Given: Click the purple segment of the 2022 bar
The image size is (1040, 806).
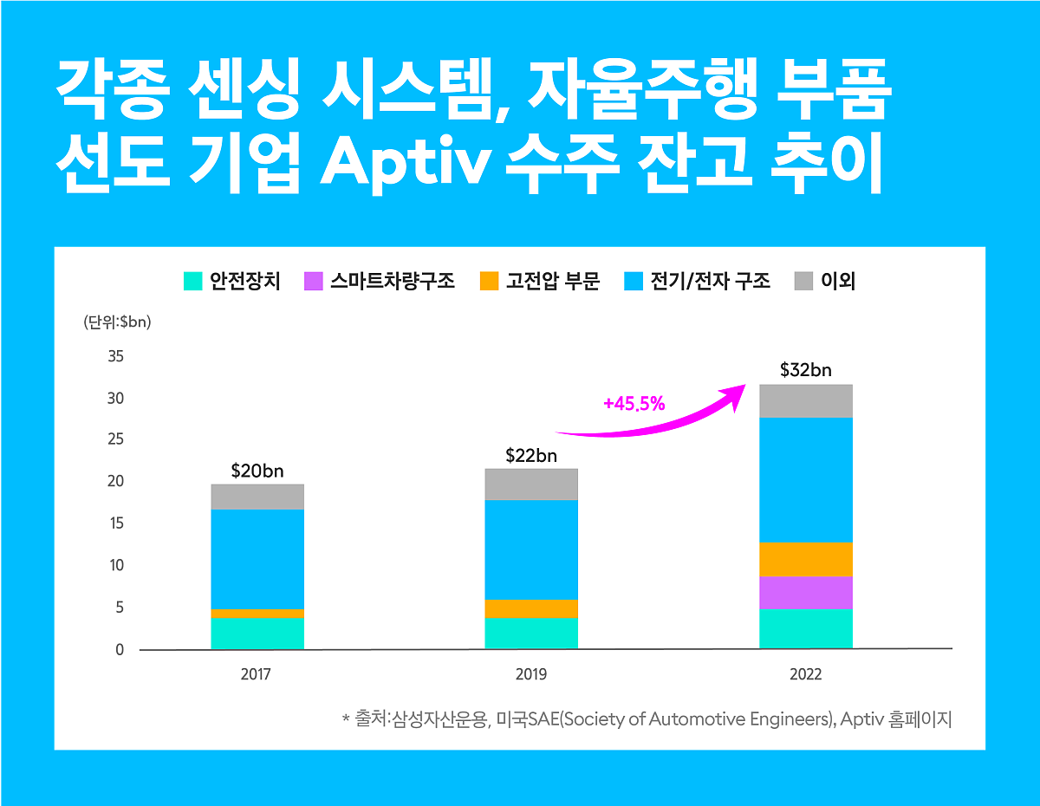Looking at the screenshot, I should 805,593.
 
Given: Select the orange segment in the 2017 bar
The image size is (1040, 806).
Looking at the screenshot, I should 257,614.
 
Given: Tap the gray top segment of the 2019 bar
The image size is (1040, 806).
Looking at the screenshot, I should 531,484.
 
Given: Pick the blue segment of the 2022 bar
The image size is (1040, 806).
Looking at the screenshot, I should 805,479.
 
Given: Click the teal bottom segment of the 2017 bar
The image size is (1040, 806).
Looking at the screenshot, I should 257,634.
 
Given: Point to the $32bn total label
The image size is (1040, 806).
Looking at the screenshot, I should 805,370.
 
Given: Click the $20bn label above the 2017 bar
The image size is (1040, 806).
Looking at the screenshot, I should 257,471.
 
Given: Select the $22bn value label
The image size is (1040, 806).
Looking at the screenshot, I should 531,455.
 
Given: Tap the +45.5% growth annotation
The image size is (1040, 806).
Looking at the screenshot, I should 634,403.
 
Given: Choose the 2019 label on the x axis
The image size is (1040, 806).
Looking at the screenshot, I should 531,674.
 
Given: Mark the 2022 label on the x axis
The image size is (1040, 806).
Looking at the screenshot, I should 805,674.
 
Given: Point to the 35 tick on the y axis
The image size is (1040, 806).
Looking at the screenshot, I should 116,356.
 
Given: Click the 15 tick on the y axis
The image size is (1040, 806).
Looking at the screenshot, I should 116,523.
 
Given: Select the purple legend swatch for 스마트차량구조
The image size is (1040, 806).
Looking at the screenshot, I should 313,282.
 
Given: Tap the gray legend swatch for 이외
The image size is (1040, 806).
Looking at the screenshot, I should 804,282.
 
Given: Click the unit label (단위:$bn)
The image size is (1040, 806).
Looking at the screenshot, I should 117,322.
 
